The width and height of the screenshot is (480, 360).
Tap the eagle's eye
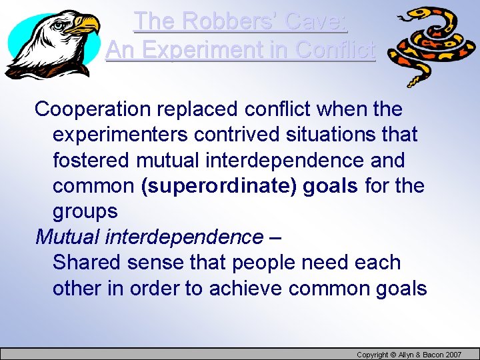pyautogui.click(x=65, y=25)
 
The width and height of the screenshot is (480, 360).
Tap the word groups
pyautogui.click(x=85, y=212)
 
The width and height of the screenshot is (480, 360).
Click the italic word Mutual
pyautogui.click(x=66, y=237)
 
